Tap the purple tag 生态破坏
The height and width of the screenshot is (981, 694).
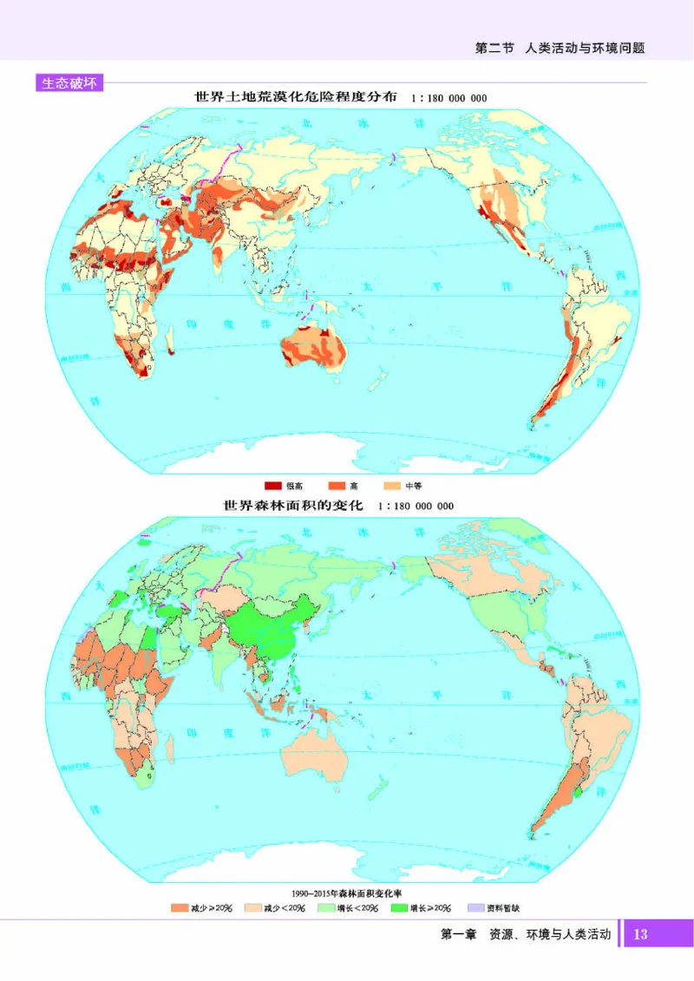[69, 83]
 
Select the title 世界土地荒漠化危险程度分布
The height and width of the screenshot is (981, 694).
[296, 98]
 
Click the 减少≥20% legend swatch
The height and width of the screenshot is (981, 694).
[179, 908]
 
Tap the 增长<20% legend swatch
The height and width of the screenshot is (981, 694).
[326, 908]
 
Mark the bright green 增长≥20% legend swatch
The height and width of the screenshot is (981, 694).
[399, 908]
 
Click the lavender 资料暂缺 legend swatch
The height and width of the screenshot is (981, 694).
[475, 908]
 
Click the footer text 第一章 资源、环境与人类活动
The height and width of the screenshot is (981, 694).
[526, 934]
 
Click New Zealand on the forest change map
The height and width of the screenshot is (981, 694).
[376, 789]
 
